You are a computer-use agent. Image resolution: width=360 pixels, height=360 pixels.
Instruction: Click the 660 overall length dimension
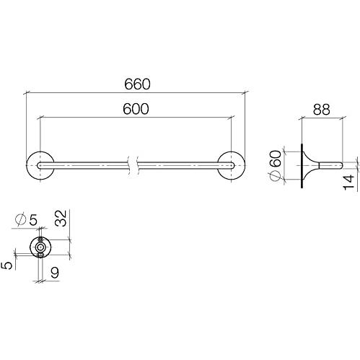coord(137,84)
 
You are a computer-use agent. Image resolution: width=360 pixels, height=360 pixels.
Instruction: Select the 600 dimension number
coord(136,109)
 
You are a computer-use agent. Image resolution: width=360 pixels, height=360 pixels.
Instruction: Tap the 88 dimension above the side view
coord(321,110)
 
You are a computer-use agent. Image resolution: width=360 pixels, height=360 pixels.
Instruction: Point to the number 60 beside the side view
coord(276,159)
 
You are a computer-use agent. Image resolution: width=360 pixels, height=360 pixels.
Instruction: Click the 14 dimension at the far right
coord(348,183)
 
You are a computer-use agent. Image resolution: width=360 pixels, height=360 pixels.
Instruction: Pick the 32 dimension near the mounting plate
coord(61,218)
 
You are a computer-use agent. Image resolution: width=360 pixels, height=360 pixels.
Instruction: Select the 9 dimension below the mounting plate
coord(55,273)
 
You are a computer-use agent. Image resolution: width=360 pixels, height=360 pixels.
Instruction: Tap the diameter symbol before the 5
coord(21,219)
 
